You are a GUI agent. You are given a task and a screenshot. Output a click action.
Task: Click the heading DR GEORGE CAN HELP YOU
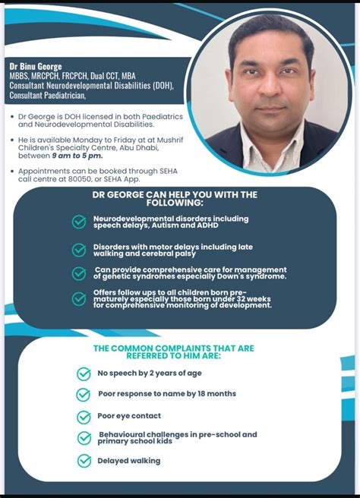click(174, 194)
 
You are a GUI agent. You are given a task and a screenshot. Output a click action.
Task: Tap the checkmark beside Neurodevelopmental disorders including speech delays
click(79, 222)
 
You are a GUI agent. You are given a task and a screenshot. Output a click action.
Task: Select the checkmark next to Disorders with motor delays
click(79, 250)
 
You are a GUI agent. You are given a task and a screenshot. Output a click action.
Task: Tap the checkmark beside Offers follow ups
click(79, 298)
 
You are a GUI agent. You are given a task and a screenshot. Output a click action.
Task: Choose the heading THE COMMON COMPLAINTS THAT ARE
click(173, 348)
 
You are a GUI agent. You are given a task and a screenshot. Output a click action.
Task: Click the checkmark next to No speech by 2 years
click(84, 373)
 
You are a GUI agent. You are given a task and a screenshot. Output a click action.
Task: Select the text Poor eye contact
click(129, 416)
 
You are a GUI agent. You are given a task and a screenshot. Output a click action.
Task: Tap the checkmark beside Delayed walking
click(84, 461)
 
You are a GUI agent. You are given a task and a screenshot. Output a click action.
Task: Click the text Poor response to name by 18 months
click(166, 394)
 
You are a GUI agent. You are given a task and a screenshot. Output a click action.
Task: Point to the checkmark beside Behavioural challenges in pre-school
click(84, 438)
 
